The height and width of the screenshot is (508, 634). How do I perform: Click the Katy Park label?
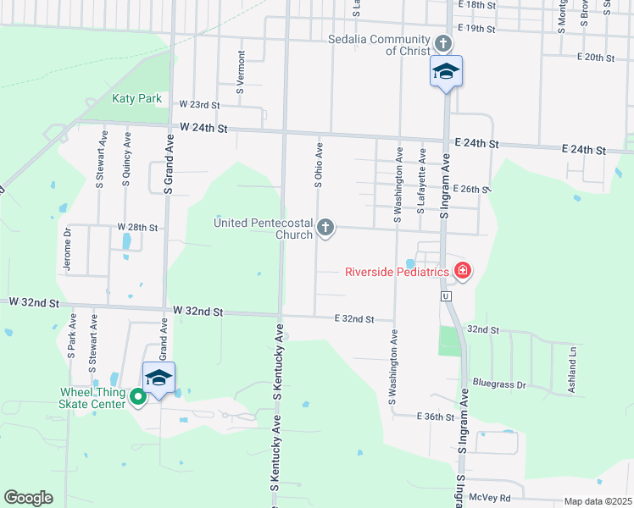[x=136, y=98]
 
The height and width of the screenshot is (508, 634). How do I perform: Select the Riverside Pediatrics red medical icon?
[x=463, y=271]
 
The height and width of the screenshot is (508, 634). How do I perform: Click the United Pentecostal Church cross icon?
[x=325, y=227]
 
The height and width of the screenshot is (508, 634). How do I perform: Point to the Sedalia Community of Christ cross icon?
[x=442, y=42]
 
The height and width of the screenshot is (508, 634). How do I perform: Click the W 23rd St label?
[x=199, y=105]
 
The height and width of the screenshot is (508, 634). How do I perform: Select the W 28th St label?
[x=138, y=228]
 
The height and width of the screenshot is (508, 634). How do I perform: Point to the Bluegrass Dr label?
[x=499, y=384]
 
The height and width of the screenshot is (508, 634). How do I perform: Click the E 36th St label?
[x=437, y=417]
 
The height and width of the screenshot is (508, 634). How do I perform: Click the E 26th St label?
[x=471, y=189]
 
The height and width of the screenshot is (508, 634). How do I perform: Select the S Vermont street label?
[x=241, y=72]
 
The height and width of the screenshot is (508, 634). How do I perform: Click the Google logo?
[x=28, y=498]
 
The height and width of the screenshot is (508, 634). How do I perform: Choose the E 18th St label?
[x=476, y=5]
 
